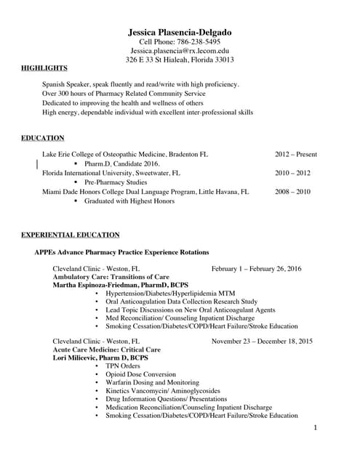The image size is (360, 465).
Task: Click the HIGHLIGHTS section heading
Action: (x=44, y=68)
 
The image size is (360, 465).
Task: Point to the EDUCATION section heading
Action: (x=43, y=137)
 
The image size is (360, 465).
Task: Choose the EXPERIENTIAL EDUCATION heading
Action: (x=71, y=235)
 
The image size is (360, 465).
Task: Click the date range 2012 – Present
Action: (x=295, y=155)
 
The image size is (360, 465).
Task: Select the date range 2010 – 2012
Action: (x=292, y=174)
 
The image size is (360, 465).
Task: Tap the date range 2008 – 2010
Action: (x=292, y=192)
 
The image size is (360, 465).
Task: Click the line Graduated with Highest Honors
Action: (x=129, y=201)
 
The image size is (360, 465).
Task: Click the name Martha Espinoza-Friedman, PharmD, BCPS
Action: (x=121, y=286)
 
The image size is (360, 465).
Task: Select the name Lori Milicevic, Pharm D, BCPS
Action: (x=100, y=358)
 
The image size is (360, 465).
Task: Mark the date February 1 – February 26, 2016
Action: (x=256, y=269)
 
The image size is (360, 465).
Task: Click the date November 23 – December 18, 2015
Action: (x=262, y=341)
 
